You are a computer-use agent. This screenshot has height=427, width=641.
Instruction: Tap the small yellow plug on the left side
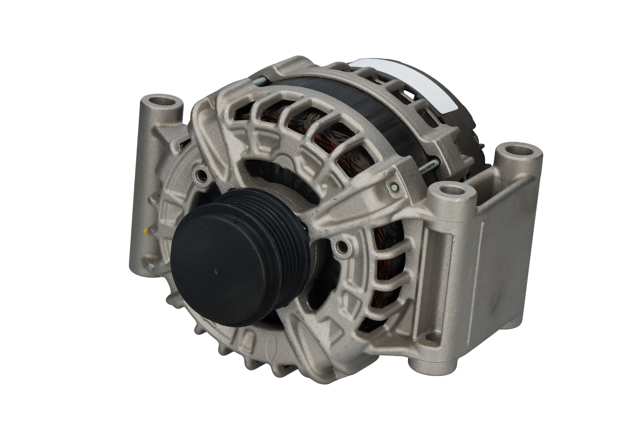[146, 231]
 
